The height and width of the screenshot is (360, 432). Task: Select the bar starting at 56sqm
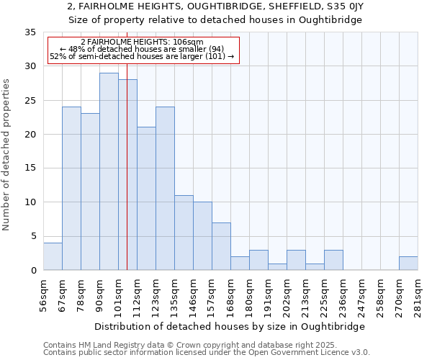pyautogui.click(x=53, y=256)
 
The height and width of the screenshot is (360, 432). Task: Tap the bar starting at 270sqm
pyautogui.click(x=408, y=264)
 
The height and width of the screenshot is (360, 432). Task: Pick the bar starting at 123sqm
pyautogui.click(x=165, y=189)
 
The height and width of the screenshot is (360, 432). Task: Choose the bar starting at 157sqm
pyautogui.click(x=221, y=246)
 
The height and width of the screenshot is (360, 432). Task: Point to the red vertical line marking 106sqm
pyautogui.click(x=127, y=180)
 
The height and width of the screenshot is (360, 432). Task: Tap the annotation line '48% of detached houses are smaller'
pyautogui.click(x=142, y=49)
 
